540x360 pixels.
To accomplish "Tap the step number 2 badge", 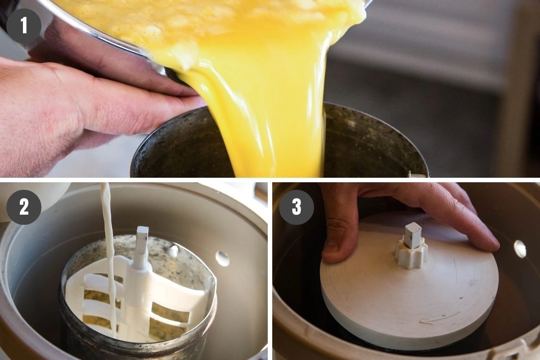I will tap(23, 207).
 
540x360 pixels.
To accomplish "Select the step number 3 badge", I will tap(296, 207).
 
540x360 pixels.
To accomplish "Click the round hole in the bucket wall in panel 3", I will tap(520, 249).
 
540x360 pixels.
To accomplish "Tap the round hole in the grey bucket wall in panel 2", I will tap(222, 258).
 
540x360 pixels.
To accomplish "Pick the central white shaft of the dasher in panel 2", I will tap(138, 288).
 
